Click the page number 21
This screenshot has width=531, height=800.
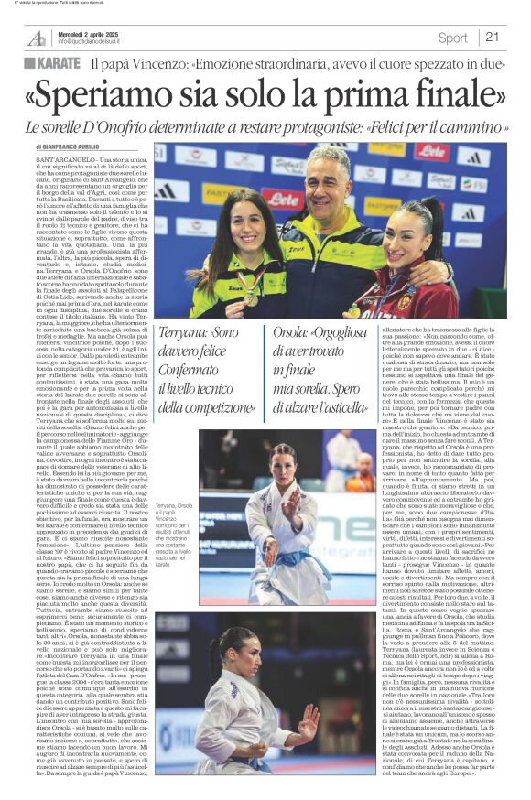pyautogui.click(x=493, y=38)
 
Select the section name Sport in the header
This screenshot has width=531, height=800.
pyautogui.click(x=452, y=38)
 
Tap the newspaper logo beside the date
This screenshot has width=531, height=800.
pyautogui.click(x=37, y=38)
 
